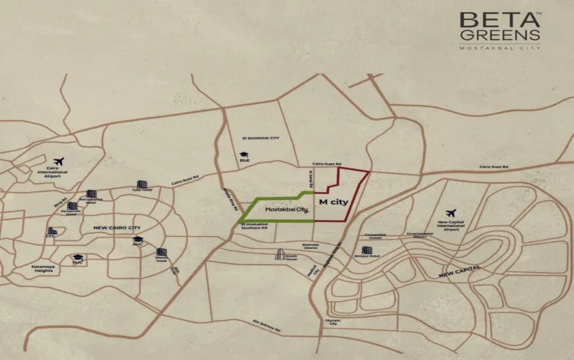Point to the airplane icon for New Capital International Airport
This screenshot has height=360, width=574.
(450, 212)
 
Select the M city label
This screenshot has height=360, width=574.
(330, 204)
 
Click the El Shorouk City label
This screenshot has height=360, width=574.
(261, 138)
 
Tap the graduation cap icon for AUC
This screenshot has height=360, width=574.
(138, 237)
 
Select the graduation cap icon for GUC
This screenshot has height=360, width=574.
(77, 258)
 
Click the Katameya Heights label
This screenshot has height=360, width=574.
(43, 270)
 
